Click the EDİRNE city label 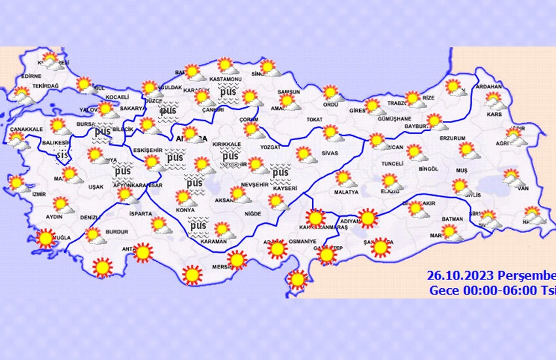coord(31,76)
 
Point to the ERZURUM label coord(452,139)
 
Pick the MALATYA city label coord(346,192)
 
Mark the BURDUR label coord(118,232)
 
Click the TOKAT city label coord(315,120)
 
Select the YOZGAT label coord(270,148)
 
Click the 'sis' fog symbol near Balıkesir coord(62,155)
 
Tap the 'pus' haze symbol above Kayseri coord(280,173)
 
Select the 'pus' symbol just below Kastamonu coord(228,93)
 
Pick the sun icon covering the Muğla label coord(46,239)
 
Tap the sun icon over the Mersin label coord(236,261)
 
